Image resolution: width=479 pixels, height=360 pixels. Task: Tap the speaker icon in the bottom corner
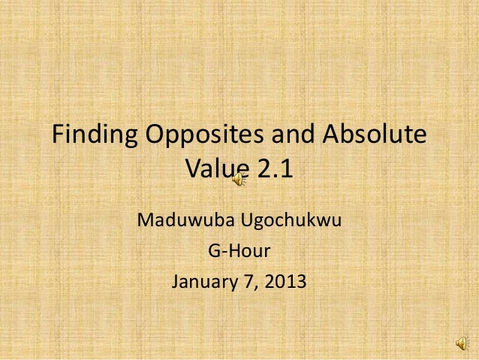[459, 343]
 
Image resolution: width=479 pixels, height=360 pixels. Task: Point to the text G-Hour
[238, 253]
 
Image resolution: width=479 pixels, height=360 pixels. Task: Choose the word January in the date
[205, 283]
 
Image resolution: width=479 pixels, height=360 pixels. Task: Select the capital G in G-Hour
[212, 253]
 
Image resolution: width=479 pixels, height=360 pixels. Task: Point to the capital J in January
[177, 283]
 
